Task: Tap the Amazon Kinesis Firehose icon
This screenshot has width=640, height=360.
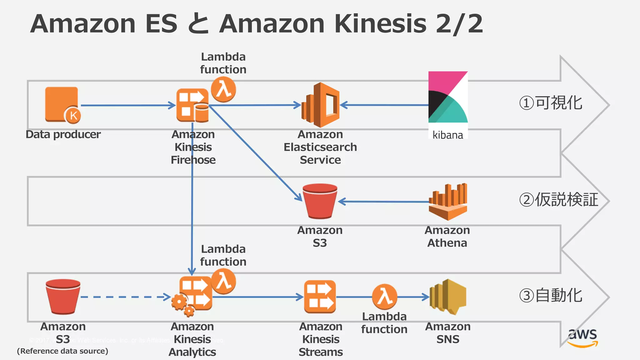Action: click(x=192, y=105)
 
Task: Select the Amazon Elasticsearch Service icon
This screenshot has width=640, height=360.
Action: click(x=321, y=105)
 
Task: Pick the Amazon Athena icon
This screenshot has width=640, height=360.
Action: click(x=448, y=202)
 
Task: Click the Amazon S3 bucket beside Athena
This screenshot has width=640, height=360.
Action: click(x=320, y=201)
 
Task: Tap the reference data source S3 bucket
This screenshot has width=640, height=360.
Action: click(x=63, y=296)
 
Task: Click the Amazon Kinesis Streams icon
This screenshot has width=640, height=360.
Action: click(x=320, y=297)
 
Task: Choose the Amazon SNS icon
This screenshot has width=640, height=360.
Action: click(x=448, y=297)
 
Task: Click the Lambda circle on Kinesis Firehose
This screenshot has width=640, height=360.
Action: click(x=223, y=89)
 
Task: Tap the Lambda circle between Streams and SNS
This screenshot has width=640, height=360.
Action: click(x=384, y=296)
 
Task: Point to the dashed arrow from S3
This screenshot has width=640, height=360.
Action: click(x=125, y=297)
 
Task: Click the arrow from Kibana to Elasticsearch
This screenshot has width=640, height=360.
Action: click(x=384, y=105)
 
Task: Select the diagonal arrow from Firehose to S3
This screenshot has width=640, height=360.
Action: click(x=255, y=152)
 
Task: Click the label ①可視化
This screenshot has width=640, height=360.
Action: click(x=551, y=103)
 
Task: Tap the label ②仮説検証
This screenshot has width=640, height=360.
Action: click(x=558, y=200)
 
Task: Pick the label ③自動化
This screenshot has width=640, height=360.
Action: click(x=551, y=296)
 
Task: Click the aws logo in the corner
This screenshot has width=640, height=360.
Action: click(x=582, y=337)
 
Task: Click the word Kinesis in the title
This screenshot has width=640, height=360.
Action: click(x=380, y=24)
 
